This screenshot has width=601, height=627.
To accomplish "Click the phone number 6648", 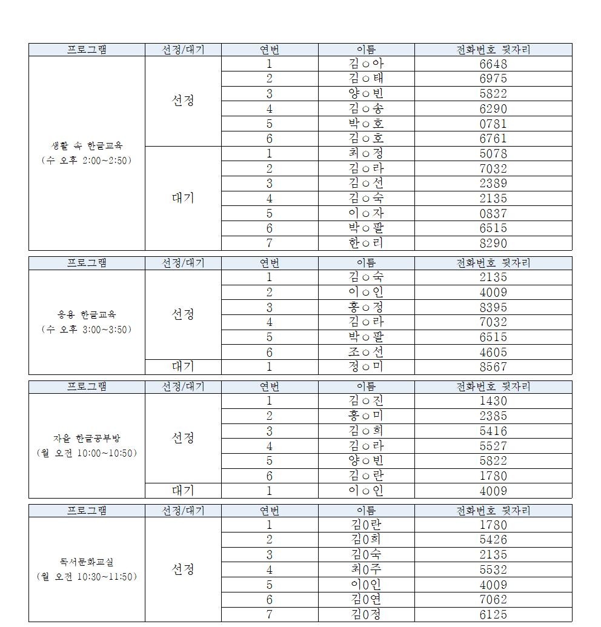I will [493, 64].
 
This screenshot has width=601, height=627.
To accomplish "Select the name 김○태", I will [366, 79].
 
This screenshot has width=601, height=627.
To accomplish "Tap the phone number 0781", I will [493, 124].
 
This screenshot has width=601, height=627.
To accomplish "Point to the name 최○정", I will [366, 153].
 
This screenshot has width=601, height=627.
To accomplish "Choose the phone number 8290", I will [493, 243].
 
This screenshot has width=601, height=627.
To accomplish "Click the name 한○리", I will [366, 243].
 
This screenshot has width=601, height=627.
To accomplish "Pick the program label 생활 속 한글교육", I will [87, 145].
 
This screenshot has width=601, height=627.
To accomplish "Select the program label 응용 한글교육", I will [87, 314].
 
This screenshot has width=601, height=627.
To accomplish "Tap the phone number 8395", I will [493, 307].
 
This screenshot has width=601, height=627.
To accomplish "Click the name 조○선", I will [366, 352].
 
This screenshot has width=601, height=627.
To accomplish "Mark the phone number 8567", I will [493, 367].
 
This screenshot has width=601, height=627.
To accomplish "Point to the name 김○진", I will [366, 400].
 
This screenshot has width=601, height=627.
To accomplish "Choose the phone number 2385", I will [493, 416].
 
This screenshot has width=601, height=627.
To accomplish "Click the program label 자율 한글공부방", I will [87, 438].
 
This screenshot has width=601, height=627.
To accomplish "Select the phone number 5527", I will [493, 446].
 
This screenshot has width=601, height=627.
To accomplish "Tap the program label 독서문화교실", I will [87, 562].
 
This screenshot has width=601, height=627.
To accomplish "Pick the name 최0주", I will [366, 569].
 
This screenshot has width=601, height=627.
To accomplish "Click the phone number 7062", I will [493, 600].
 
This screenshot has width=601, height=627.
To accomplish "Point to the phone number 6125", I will [493, 614].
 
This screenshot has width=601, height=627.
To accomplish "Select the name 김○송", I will [366, 109].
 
